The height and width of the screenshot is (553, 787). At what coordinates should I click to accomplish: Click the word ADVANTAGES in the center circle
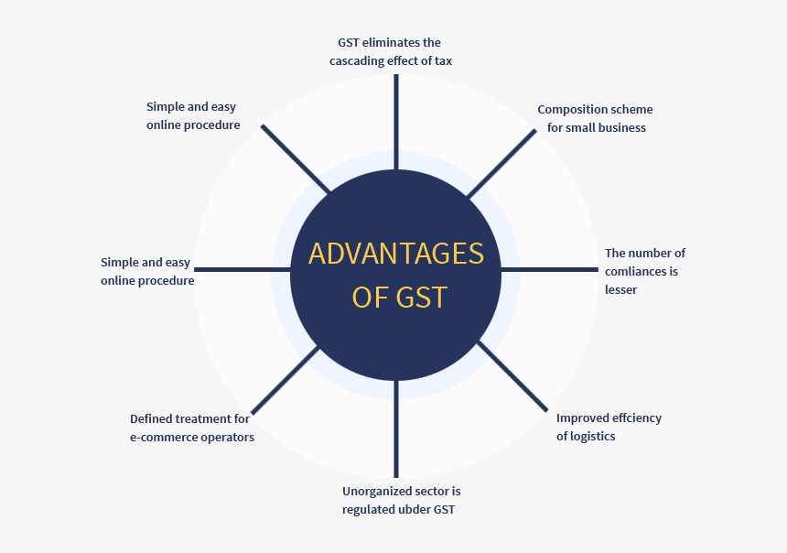(395, 253)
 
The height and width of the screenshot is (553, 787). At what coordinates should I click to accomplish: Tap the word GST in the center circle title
(422, 297)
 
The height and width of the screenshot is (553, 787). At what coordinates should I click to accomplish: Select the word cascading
(359, 61)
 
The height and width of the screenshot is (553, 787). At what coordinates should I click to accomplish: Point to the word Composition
(573, 110)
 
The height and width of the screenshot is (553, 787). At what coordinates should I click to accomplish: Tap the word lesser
(620, 289)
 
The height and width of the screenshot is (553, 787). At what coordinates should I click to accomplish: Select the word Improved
(584, 418)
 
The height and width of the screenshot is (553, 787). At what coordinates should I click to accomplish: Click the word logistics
(593, 437)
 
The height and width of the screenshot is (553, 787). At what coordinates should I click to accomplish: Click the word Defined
(152, 419)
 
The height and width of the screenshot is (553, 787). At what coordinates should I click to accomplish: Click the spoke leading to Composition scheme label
(501, 163)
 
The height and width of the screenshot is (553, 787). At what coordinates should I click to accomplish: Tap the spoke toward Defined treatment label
(285, 379)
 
